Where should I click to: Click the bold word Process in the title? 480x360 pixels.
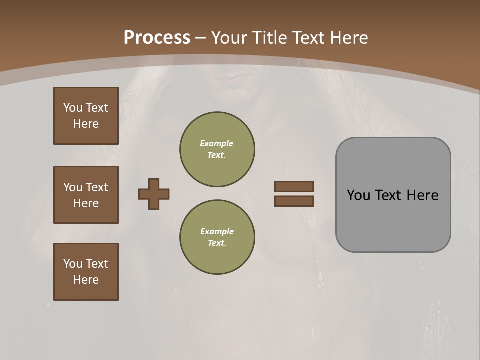click(x=157, y=38)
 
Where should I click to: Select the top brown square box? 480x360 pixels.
click(x=86, y=116)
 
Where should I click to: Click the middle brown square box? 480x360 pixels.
click(x=86, y=195)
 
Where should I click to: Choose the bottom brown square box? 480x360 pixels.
click(x=86, y=272)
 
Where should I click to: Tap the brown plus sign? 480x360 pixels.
click(x=154, y=194)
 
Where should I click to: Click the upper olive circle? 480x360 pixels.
click(x=217, y=149)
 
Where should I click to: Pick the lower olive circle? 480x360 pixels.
click(x=217, y=237)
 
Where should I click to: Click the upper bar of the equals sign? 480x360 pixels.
click(x=294, y=186)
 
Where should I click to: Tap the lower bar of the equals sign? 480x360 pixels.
click(x=294, y=201)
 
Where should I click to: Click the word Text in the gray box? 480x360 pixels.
click(x=392, y=195)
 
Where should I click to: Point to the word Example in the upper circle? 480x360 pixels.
click(x=217, y=143)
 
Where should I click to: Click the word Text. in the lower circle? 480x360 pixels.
click(x=217, y=243)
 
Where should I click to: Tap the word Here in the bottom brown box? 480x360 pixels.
click(x=86, y=280)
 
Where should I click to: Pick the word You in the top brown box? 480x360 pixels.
click(x=73, y=108)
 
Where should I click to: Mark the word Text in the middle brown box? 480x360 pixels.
click(x=96, y=187)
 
